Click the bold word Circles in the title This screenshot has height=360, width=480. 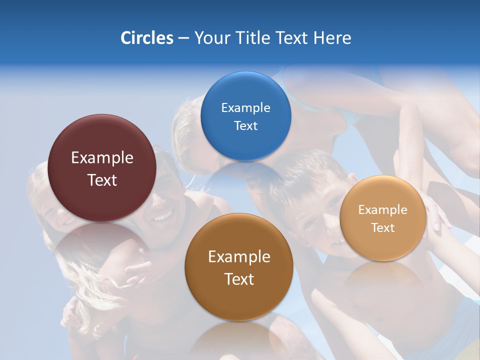point(146,38)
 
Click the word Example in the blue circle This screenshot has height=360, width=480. point(245,107)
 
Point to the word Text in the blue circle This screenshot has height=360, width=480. point(245,125)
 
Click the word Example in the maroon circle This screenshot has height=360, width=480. point(102,158)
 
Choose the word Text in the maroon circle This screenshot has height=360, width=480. point(102,180)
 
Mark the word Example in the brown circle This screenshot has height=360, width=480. point(239,257)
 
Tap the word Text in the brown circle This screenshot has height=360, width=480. point(239,279)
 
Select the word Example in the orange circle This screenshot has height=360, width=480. point(382,210)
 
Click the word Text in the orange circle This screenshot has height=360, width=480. point(382,227)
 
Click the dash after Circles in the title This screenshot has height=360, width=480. point(183,38)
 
